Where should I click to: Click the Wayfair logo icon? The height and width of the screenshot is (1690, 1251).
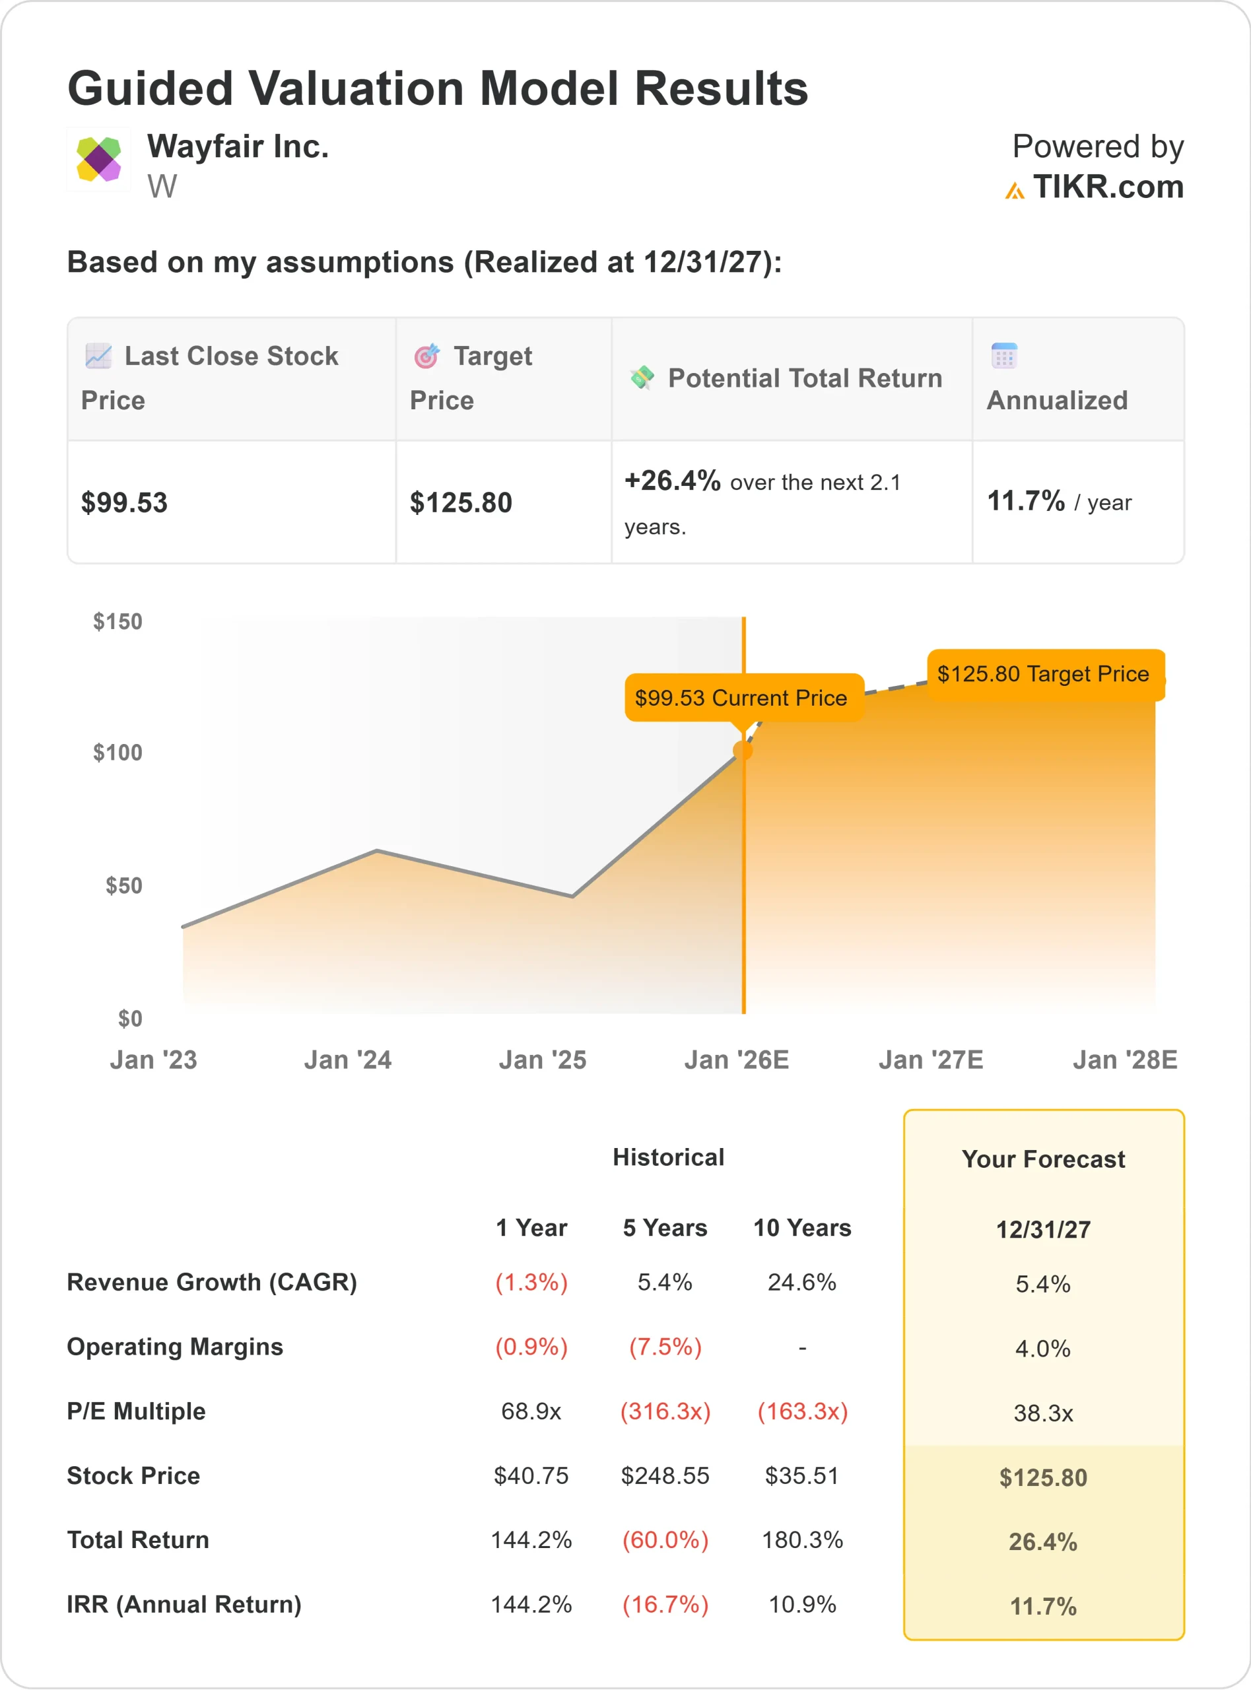click(x=98, y=159)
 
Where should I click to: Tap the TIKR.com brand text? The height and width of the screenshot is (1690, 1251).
click(x=1107, y=187)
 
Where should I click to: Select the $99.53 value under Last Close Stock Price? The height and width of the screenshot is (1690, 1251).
click(x=124, y=503)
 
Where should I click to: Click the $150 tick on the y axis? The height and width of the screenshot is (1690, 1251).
click(x=118, y=622)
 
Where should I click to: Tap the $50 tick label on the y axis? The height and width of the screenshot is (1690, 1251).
click(x=123, y=885)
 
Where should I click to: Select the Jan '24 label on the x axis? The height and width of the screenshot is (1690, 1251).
click(x=348, y=1060)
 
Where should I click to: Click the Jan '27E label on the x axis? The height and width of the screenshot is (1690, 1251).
click(x=931, y=1060)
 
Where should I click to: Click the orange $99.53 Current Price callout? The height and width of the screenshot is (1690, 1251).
click(x=741, y=697)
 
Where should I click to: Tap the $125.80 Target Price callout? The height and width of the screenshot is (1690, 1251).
click(x=1043, y=673)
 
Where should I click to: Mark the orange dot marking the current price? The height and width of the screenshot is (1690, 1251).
click(x=743, y=751)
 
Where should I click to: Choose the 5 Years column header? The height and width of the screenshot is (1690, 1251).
click(x=665, y=1227)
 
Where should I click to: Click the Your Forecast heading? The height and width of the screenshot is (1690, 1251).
click(x=1043, y=1159)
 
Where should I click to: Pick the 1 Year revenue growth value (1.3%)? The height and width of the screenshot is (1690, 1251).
click(x=531, y=1282)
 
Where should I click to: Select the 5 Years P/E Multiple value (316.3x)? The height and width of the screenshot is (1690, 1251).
click(x=665, y=1411)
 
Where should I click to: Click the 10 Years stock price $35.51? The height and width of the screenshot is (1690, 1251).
click(x=802, y=1475)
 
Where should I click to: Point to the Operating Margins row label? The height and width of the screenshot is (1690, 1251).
click(x=175, y=1346)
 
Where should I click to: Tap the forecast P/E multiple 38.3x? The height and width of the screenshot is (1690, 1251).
click(x=1043, y=1413)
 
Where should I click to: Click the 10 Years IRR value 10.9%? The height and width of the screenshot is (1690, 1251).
click(x=802, y=1604)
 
